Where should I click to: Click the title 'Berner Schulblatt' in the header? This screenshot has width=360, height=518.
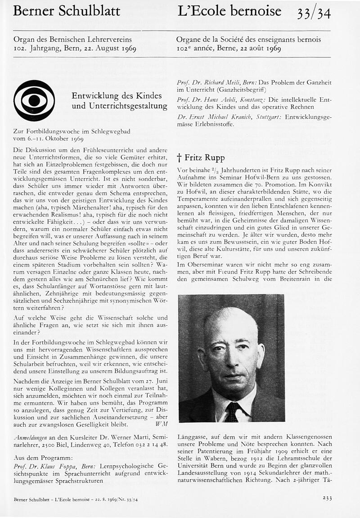[67, 11]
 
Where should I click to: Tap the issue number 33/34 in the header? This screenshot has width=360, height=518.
[314, 14]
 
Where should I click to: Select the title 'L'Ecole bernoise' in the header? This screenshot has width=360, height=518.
[229, 11]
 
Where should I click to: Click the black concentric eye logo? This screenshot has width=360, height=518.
[34, 100]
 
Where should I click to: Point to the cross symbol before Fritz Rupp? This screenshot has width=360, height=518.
[179, 158]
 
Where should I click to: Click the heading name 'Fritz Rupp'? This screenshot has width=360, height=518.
[205, 158]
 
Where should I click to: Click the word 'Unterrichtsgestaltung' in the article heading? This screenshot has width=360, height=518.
[120, 106]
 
